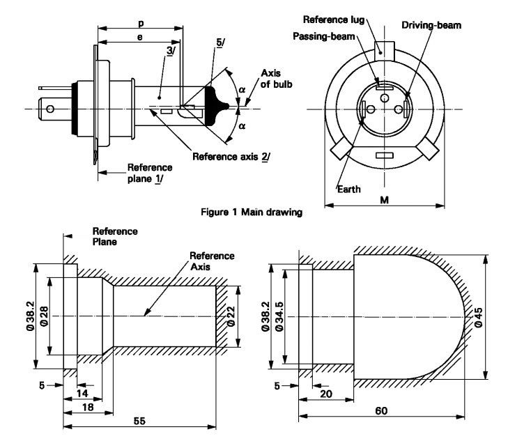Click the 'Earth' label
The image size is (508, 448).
point(348,189)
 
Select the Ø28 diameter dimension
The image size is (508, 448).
point(43,316)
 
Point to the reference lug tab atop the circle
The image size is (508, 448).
point(384,51)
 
